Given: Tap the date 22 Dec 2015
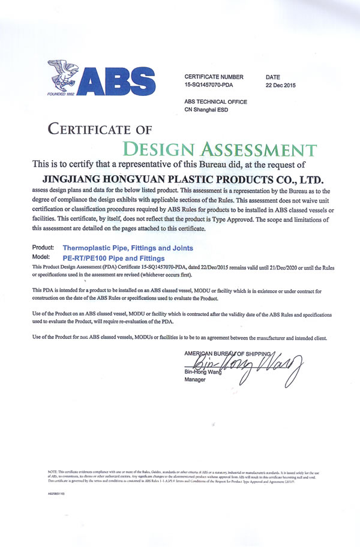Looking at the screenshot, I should pos(280,86).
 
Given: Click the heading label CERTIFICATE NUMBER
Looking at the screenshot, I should pos(214,77).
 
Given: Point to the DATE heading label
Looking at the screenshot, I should pos(273,77).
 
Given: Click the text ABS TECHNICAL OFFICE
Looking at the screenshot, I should pos(215,102).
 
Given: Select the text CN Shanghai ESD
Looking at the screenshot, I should pos(208,110).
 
